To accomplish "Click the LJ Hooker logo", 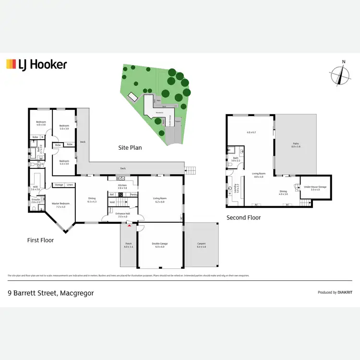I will [36, 64].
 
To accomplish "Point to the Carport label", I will [201, 244].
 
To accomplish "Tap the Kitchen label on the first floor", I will [122, 185].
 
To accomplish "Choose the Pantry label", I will [134, 194].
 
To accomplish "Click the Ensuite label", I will [36, 201].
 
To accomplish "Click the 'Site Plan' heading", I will [130, 148].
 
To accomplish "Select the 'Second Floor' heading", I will [243, 217].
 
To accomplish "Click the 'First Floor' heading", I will [41, 240].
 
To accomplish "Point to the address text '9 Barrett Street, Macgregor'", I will [50, 292].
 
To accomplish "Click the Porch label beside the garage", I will [129, 244].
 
